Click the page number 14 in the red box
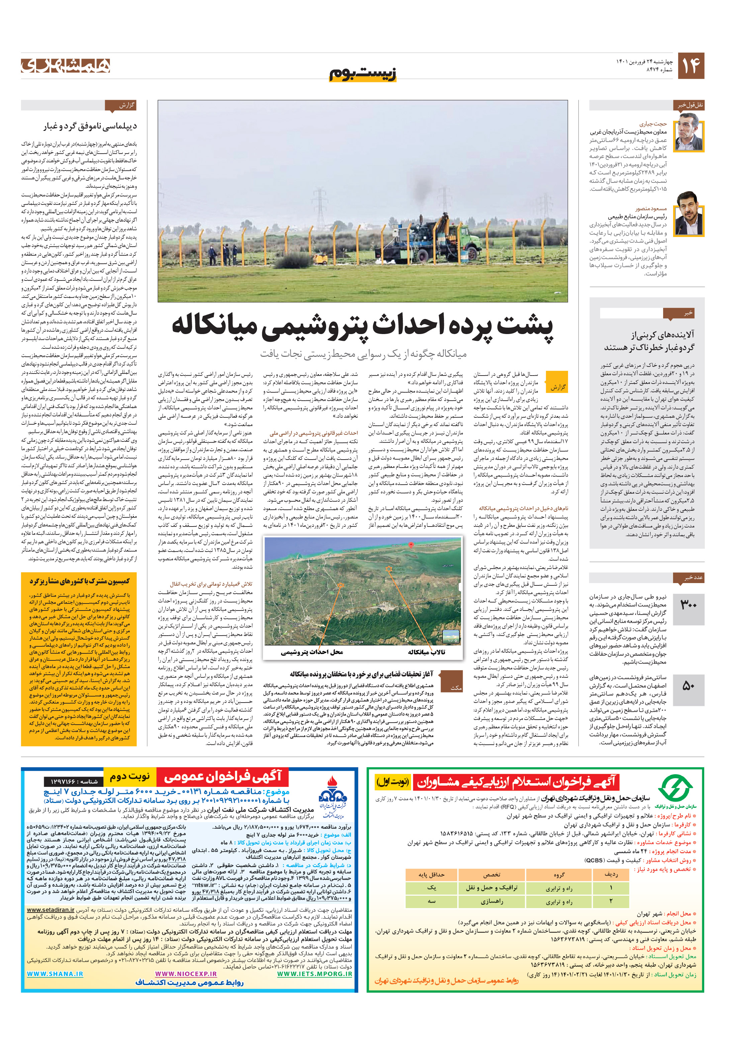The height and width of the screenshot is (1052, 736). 690,66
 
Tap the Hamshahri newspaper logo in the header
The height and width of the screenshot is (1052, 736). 66,66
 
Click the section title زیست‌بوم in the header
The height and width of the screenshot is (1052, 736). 363,73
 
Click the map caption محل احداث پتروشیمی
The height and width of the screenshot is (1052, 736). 312,652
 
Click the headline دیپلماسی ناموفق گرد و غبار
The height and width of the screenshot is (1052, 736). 90,126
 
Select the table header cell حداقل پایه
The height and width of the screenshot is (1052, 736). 431,875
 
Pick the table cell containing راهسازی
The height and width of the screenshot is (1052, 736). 491,901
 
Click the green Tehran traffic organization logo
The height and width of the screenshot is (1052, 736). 675,789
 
